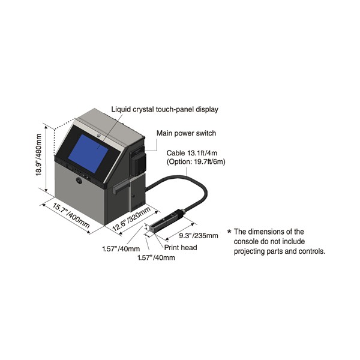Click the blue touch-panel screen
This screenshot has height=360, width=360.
coord(91,154)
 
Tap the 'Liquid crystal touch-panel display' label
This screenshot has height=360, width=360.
coord(164,109)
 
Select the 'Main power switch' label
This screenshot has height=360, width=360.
coord(186,133)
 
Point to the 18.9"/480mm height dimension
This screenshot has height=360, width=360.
coord(38,155)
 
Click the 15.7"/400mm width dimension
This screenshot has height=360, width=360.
coord(71,215)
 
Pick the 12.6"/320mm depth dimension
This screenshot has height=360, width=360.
coord(132,218)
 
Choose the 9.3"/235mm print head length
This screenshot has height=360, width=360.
coord(199,236)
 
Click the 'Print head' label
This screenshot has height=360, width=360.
coord(181,247)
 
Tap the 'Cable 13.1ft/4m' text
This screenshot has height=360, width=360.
coord(192,153)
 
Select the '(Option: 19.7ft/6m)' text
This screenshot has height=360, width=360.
coord(196,161)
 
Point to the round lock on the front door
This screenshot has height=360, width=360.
coord(79,181)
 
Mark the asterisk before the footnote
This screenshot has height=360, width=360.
coord(229,232)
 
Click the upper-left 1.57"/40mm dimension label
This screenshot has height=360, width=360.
coord(121,248)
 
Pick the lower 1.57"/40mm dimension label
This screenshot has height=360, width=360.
coord(156,257)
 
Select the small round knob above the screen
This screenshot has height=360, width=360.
coord(99,136)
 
